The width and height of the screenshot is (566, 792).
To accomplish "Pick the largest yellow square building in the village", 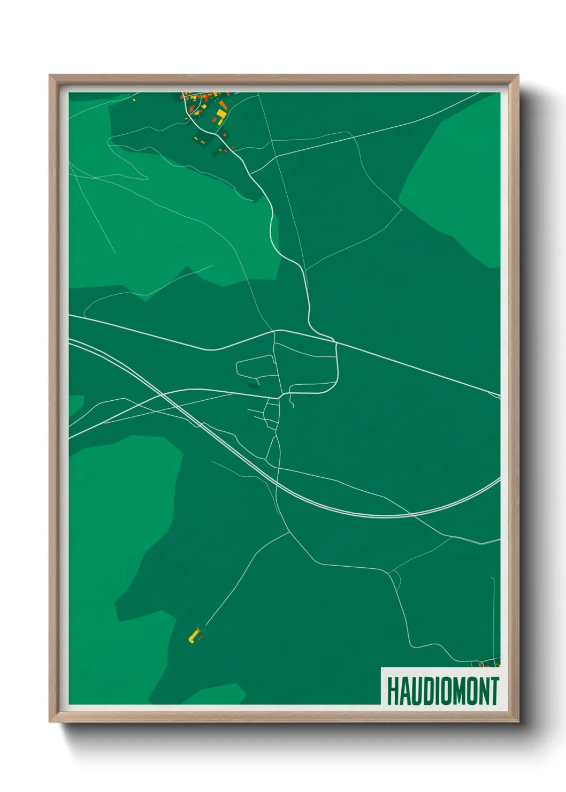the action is (x=220, y=115).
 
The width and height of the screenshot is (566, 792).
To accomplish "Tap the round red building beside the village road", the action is (x=225, y=134).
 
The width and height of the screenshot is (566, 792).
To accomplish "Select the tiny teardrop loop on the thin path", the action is (x=395, y=577).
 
